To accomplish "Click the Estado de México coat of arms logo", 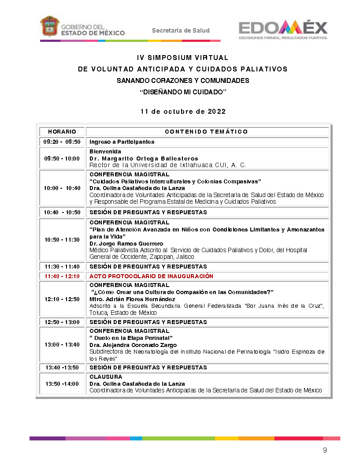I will [50, 27].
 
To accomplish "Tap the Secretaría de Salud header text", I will [181, 30].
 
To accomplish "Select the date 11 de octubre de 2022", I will [183, 112].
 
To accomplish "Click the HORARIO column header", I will [62, 132].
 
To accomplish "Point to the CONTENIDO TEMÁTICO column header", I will [206, 132].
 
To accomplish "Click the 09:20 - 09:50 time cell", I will [62, 142].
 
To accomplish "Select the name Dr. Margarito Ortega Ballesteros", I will [144, 158].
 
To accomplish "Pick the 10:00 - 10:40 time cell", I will [62, 188].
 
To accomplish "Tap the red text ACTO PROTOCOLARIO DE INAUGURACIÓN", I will [151, 276].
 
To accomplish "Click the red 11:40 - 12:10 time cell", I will [62, 276].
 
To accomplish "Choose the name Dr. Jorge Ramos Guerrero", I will [126, 244].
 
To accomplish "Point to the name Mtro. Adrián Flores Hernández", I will [132, 299].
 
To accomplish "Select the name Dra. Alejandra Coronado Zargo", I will [133, 345].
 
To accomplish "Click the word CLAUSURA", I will [106, 377].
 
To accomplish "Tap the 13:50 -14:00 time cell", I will [62, 384].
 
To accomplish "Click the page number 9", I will [325, 451].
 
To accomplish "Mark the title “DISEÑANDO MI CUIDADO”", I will [182, 92].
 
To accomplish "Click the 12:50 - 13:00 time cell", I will [62, 322].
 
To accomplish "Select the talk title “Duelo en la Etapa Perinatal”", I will [131, 338].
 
